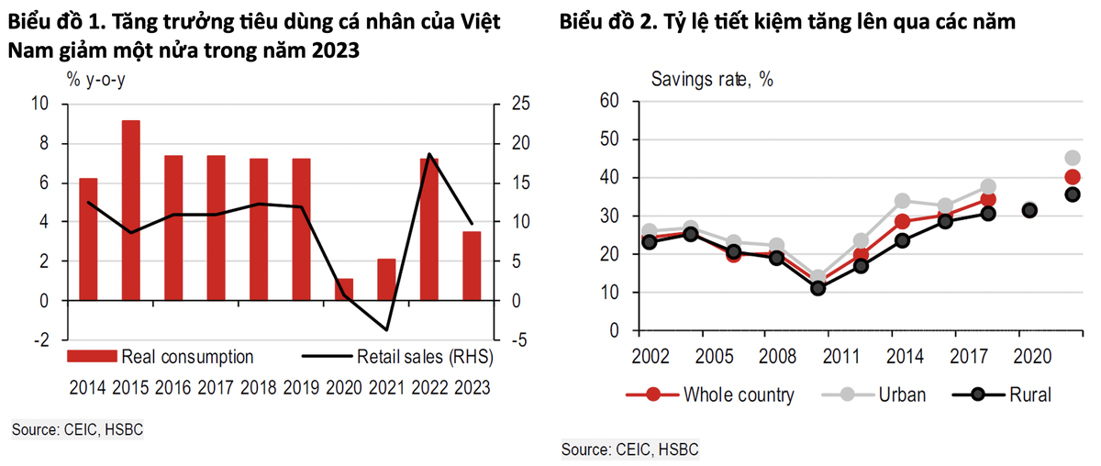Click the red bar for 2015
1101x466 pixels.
(131, 210)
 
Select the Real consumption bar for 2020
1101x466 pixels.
(345, 289)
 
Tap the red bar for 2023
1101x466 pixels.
(472, 266)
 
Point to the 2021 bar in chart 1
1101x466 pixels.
(387, 280)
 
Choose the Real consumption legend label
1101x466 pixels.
(187, 356)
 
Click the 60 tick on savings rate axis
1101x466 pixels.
(608, 101)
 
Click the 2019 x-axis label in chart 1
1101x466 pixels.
(302, 387)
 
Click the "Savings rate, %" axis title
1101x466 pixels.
(712, 79)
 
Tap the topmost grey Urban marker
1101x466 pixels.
(1073, 158)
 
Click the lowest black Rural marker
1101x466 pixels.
(818, 288)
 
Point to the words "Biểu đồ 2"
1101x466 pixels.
(606, 23)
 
